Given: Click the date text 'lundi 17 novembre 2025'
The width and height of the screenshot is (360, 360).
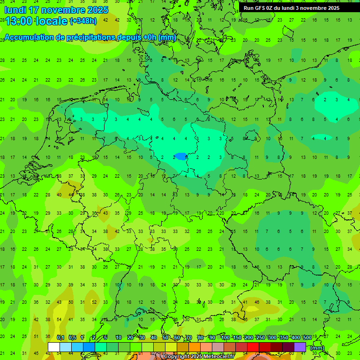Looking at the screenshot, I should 56,10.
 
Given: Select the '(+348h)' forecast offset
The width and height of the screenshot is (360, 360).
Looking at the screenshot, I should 83,21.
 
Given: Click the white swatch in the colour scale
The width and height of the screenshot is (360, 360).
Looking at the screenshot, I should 54,347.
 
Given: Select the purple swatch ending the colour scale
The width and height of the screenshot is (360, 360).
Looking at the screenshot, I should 300,347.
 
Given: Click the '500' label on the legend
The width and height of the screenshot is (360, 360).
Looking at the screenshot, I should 307,337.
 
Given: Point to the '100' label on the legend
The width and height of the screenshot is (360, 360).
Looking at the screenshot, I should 225,337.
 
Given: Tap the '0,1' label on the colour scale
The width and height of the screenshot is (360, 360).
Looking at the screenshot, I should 60,337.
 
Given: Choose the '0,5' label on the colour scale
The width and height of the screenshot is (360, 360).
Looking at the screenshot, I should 72,337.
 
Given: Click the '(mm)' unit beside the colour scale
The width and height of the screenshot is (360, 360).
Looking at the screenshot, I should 317,348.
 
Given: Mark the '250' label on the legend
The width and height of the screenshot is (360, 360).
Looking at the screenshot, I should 260,337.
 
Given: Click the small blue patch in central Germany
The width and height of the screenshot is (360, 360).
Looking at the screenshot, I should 180,156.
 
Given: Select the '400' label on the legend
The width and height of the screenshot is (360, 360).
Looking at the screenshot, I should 295,337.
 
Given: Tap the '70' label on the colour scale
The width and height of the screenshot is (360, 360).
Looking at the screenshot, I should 189,337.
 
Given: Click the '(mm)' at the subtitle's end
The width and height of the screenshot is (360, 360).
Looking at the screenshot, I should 167,37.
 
